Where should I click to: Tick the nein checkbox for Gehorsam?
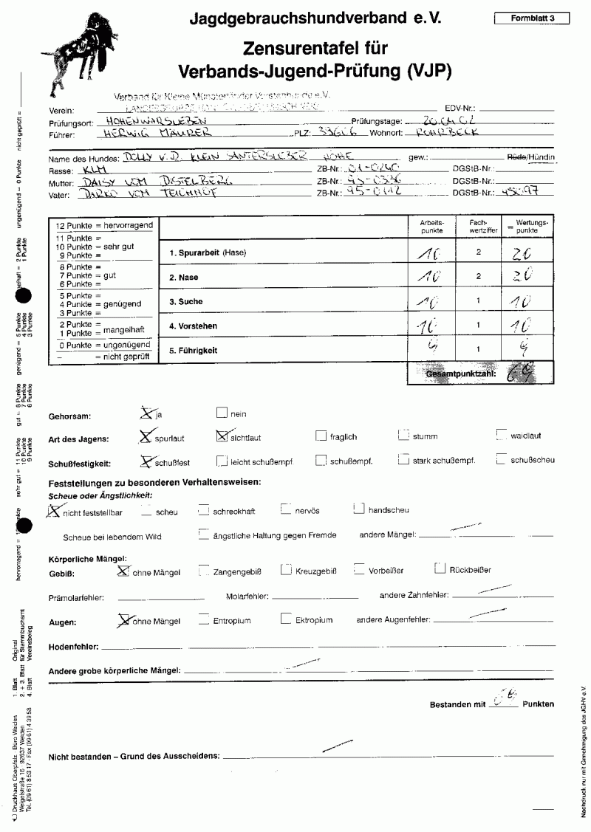pyautogui.click(x=221, y=413)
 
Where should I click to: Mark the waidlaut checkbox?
pyautogui.click(x=502, y=435)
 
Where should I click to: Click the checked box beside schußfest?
pyautogui.click(x=145, y=460)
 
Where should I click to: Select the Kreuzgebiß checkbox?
pyautogui.click(x=285, y=569)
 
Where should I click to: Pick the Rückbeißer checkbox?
pyautogui.click(x=440, y=568)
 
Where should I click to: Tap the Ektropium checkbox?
pyautogui.click(x=285, y=619)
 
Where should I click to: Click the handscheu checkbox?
pyautogui.click(x=358, y=508)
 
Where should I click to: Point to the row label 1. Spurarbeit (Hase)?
pyautogui.click(x=208, y=253)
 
